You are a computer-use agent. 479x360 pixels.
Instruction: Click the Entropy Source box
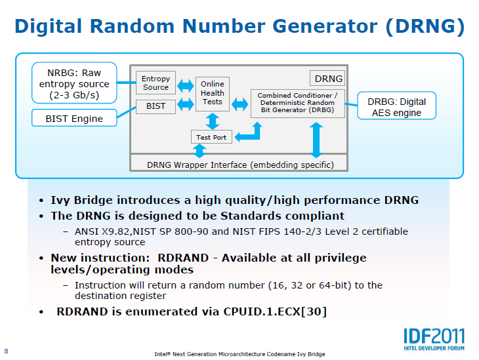[x=156, y=83]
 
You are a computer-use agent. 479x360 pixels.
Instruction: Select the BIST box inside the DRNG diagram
[x=156, y=106]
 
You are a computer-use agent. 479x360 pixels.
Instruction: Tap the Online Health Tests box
[x=213, y=93]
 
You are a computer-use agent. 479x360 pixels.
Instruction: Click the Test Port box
[x=211, y=136]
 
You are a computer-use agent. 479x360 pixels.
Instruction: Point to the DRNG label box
[x=328, y=79]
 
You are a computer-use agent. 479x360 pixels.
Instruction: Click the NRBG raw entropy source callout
[x=74, y=85]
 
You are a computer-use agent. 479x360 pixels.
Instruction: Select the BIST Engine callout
[x=74, y=119]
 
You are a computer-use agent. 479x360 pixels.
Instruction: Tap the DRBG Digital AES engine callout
[x=396, y=107]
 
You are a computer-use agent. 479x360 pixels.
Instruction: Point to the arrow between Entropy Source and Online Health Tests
[x=186, y=85]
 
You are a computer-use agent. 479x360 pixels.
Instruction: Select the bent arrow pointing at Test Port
[x=249, y=133]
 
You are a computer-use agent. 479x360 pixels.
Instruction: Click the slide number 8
[x=7, y=350]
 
